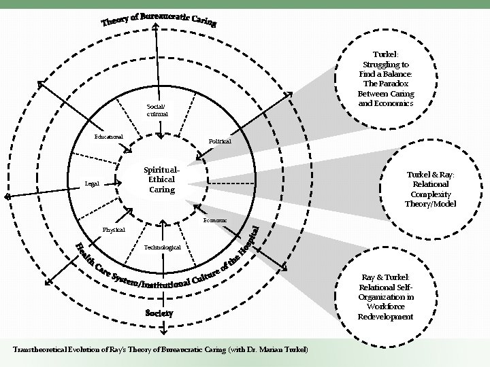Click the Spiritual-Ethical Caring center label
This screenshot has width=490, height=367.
click(x=162, y=179)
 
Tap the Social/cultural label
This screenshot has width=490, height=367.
click(x=156, y=110)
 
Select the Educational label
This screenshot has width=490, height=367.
click(x=108, y=137)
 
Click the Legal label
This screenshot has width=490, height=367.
click(x=91, y=183)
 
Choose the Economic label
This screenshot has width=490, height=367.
click(x=216, y=221)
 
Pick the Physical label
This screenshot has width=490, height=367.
click(x=114, y=230)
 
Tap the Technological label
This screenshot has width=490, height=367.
click(x=163, y=247)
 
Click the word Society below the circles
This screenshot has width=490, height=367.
click(x=159, y=313)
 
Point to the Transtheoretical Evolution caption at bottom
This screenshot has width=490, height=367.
click(x=161, y=350)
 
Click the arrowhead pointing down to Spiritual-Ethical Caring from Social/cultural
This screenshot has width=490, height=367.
click(x=159, y=134)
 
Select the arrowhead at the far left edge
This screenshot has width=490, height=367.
click(x=7, y=196)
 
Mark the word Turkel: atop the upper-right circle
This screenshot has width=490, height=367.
click(x=385, y=53)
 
